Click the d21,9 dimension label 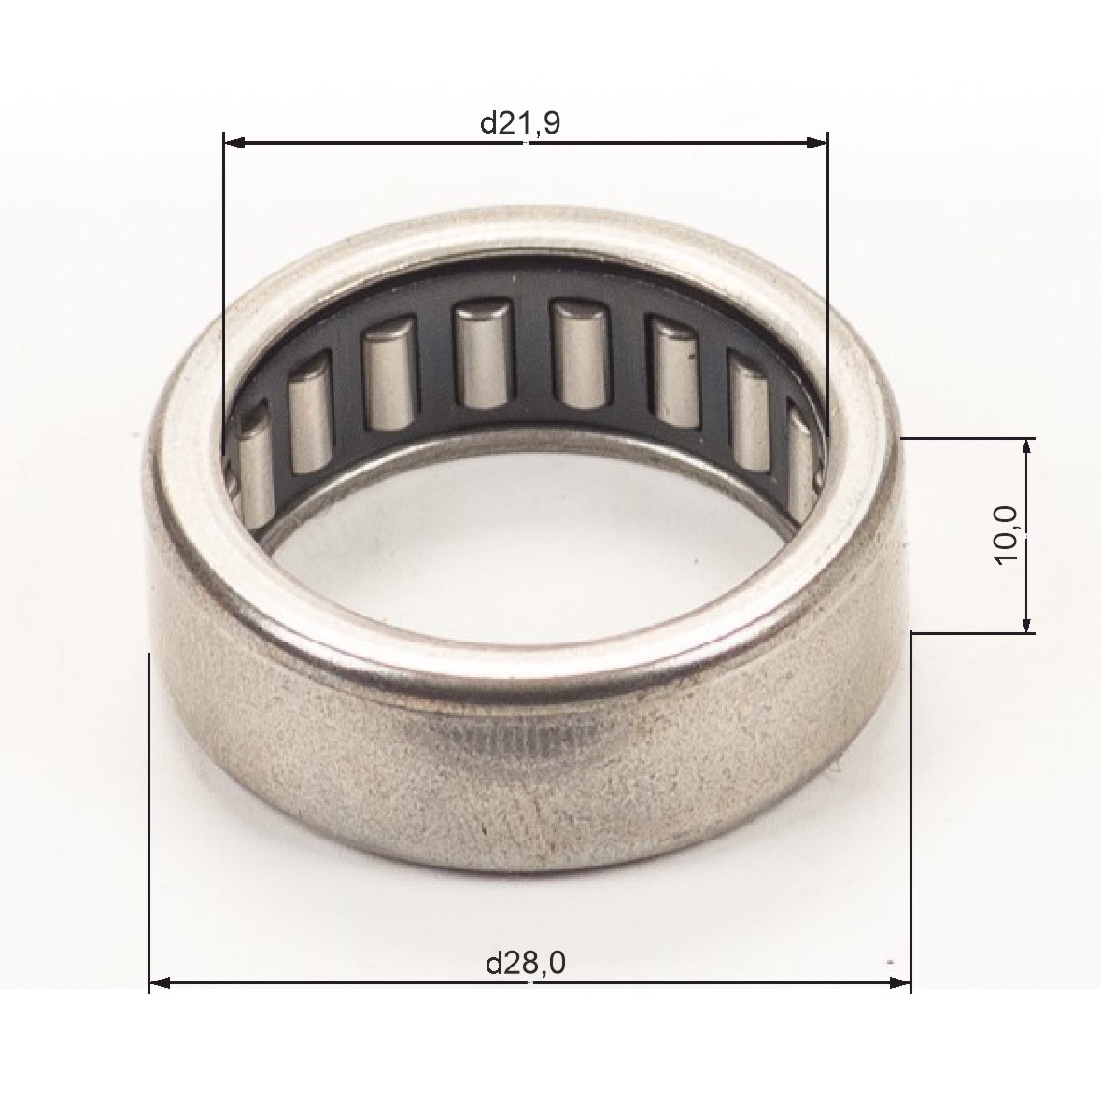(x=520, y=123)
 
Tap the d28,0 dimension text (x=526, y=963)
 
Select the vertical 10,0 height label (x=1006, y=534)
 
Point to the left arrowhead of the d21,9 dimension (x=234, y=143)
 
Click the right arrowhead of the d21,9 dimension (x=816, y=143)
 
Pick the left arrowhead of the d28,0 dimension (x=161, y=983)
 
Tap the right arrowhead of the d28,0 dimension (x=899, y=983)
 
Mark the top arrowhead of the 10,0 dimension (x=1026, y=449)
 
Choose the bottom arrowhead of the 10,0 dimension (x=1026, y=621)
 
